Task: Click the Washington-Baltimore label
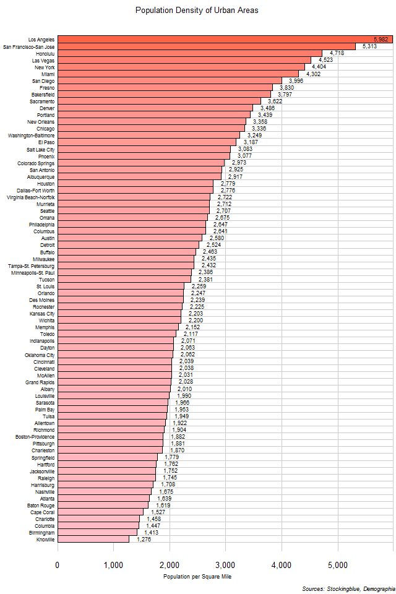[32, 135]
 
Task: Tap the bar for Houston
[136, 183]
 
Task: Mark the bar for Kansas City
[119, 313]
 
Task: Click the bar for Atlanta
[103, 498]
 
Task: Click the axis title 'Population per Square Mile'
[197, 577]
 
